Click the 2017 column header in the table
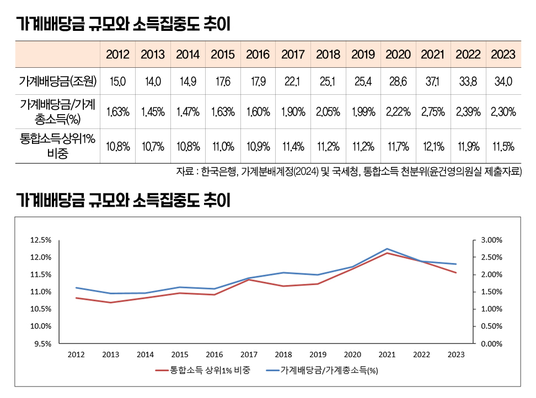pyautogui.click(x=293, y=55)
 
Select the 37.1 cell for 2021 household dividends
pyautogui.click(x=433, y=82)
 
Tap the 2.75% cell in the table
pyautogui.click(x=433, y=112)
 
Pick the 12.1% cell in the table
pyautogui.click(x=433, y=147)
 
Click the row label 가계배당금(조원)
pyautogui.click(x=58, y=82)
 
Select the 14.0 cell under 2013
pyautogui.click(x=153, y=82)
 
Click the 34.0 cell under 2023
pyautogui.click(x=503, y=82)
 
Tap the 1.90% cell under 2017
pyautogui.click(x=293, y=112)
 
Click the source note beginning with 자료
pyautogui.click(x=349, y=171)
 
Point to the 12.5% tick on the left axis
pyautogui.click(x=41, y=240)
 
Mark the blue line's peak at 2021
pyautogui.click(x=387, y=249)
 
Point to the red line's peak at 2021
pyautogui.click(x=387, y=254)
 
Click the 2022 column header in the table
pyautogui.click(x=468, y=55)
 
